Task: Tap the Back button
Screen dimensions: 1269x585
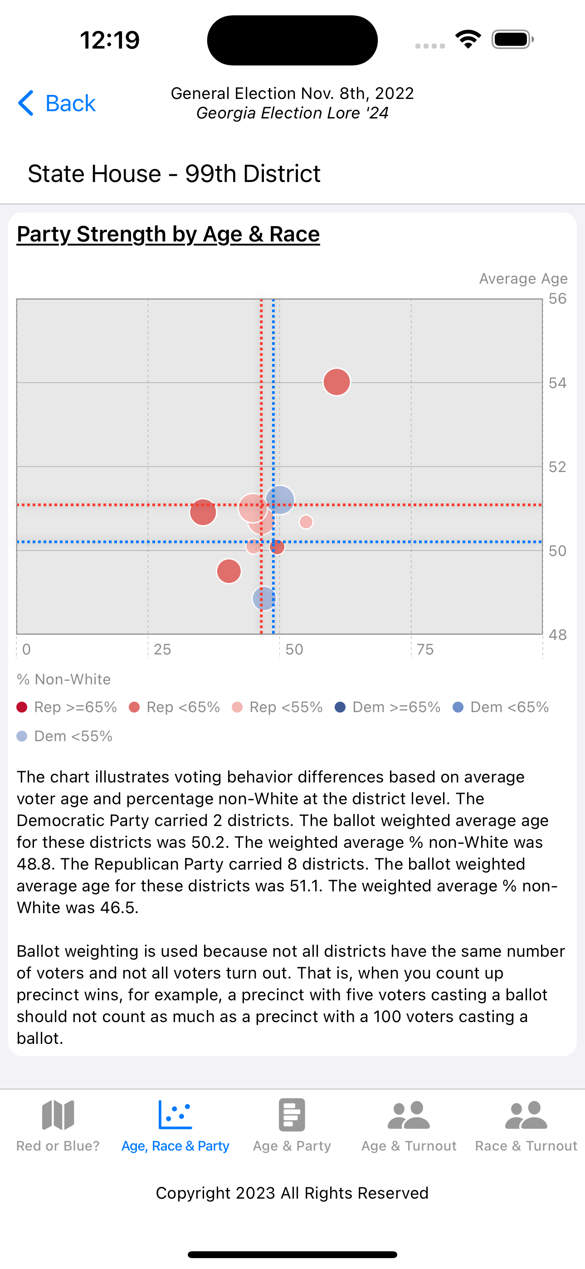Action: [x=57, y=103]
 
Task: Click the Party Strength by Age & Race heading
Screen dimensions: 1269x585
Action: [x=168, y=234]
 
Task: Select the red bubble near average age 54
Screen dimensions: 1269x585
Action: [x=337, y=382]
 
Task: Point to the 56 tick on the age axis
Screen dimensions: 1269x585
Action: [x=557, y=299]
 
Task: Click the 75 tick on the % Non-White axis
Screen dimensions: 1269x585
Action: [x=425, y=649]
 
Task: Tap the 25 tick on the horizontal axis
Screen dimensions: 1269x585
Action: [x=162, y=649]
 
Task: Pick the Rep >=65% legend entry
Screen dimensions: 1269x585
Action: [x=67, y=708]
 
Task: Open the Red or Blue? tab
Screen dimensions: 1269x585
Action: [x=58, y=1126]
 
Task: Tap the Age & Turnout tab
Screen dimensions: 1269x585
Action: [x=409, y=1126]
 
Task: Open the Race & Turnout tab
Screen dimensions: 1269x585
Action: [x=526, y=1126]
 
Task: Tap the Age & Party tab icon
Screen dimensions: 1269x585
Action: [x=292, y=1114]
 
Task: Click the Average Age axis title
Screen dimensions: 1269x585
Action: [x=523, y=279]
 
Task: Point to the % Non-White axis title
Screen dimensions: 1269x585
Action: [x=63, y=680]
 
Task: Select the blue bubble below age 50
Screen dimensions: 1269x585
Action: [x=264, y=599]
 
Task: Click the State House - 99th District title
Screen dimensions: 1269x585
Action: [x=174, y=174]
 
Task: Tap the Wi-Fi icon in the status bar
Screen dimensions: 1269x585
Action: [x=468, y=39]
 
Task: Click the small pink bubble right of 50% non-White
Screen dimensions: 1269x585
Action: [x=306, y=521]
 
